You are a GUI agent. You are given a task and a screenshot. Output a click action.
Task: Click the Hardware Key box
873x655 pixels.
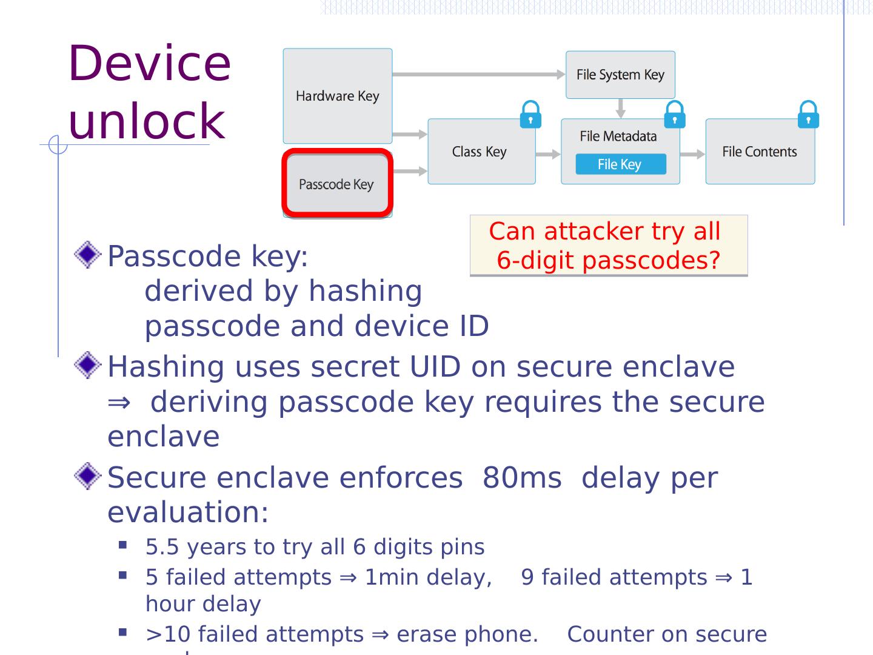(x=337, y=96)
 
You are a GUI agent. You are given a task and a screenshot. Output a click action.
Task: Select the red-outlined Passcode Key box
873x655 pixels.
(x=337, y=184)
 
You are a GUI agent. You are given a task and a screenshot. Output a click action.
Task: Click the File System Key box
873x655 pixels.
(x=620, y=75)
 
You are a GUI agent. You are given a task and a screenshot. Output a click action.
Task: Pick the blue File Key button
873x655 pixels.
(x=620, y=164)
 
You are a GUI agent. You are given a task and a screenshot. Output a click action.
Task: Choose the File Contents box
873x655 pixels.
(x=760, y=152)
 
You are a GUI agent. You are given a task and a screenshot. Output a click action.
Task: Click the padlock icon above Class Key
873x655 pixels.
(x=530, y=115)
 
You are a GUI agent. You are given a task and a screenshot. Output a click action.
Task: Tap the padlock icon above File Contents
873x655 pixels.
(x=808, y=115)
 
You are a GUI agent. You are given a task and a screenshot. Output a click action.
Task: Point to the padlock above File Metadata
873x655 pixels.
(x=675, y=115)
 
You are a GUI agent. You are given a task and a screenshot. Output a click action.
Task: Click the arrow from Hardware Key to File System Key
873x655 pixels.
(x=479, y=75)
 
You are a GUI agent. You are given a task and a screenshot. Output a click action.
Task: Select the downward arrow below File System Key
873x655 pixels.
(x=620, y=109)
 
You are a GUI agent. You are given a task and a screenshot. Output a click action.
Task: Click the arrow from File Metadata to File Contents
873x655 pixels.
(x=692, y=155)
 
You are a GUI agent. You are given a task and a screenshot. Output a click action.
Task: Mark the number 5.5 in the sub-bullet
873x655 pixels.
(x=162, y=547)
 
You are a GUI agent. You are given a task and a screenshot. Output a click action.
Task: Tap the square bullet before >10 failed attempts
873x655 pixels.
(x=124, y=633)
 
